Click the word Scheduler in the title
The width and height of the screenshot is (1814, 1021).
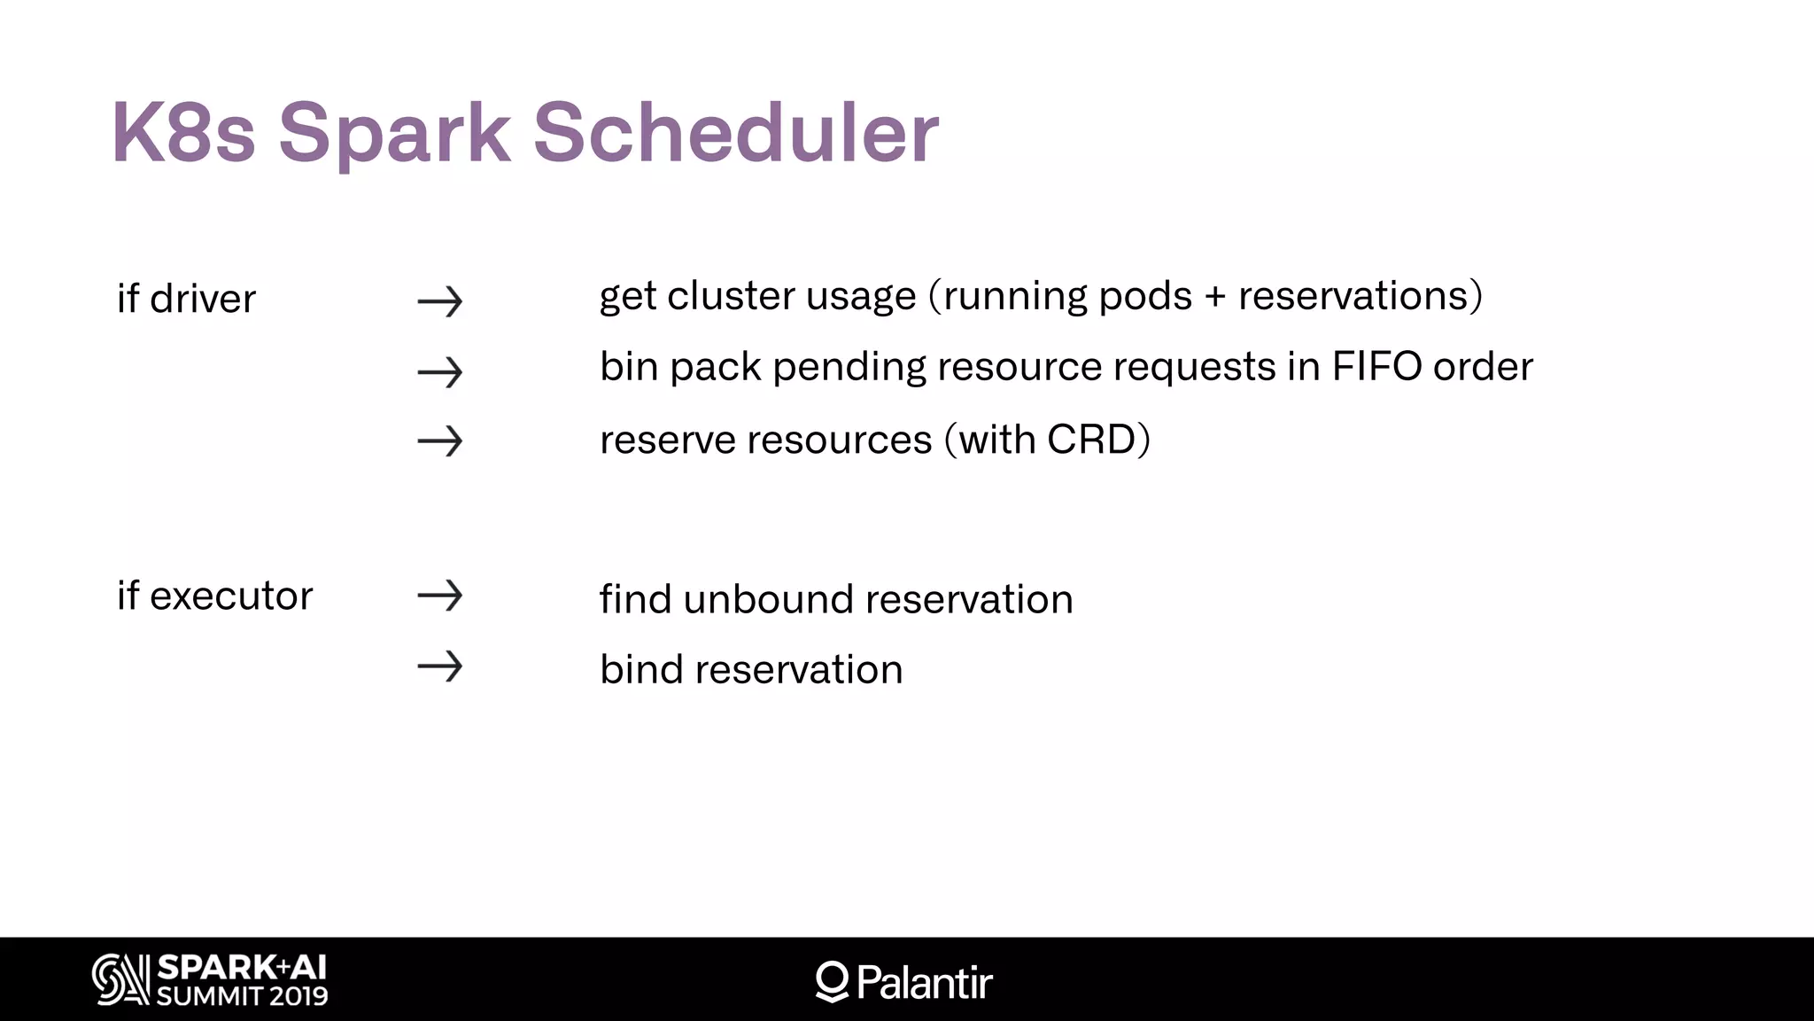click(x=735, y=133)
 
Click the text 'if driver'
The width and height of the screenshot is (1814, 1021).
click(x=186, y=299)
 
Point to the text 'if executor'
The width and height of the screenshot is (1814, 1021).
click(x=214, y=596)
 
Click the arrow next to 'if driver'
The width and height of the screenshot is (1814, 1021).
click(x=440, y=301)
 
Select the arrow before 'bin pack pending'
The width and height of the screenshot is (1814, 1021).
click(x=440, y=372)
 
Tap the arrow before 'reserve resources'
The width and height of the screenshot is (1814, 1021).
click(x=440, y=440)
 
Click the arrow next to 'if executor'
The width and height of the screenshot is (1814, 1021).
click(x=440, y=596)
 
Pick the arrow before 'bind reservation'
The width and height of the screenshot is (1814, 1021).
click(x=440, y=666)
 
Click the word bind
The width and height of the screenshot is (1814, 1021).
click(x=641, y=669)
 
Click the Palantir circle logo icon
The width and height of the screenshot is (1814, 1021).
click(x=832, y=981)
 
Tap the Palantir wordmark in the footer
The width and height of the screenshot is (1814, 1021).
click(x=925, y=982)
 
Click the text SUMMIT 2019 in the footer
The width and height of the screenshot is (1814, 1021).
click(x=242, y=996)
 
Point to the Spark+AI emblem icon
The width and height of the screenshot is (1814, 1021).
click(x=120, y=979)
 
